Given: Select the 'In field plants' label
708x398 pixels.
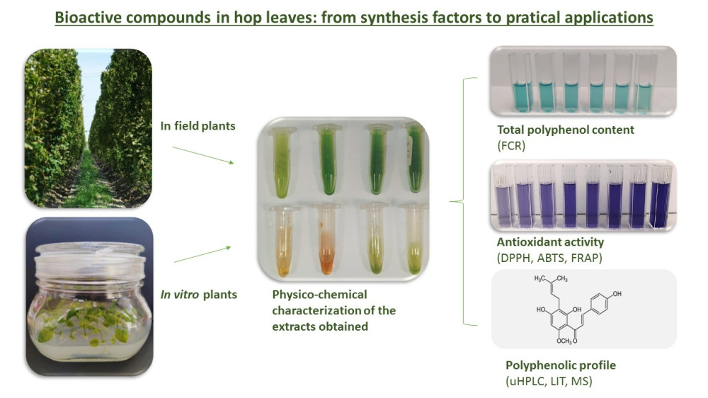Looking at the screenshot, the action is (198, 125).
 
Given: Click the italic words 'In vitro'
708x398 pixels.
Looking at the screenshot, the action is (180, 295).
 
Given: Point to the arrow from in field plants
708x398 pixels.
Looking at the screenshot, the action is (202, 155).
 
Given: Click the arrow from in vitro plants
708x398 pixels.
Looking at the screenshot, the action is (202, 254).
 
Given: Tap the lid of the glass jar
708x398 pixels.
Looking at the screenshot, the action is (90, 259).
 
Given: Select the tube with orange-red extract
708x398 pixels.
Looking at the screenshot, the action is (326, 239).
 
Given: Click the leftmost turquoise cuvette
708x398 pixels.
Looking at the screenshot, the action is (522, 83).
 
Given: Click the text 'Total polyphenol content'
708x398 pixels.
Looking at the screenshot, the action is (565, 130).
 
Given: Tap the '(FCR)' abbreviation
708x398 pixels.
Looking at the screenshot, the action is (511, 146).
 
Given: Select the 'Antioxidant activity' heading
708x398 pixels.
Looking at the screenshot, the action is (550, 242).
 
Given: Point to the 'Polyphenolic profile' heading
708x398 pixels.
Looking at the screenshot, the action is (560, 365).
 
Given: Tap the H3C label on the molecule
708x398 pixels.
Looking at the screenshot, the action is (540, 279).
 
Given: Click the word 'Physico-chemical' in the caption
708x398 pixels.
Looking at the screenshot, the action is (320, 295).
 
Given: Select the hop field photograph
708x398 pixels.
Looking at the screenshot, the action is (88, 128).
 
